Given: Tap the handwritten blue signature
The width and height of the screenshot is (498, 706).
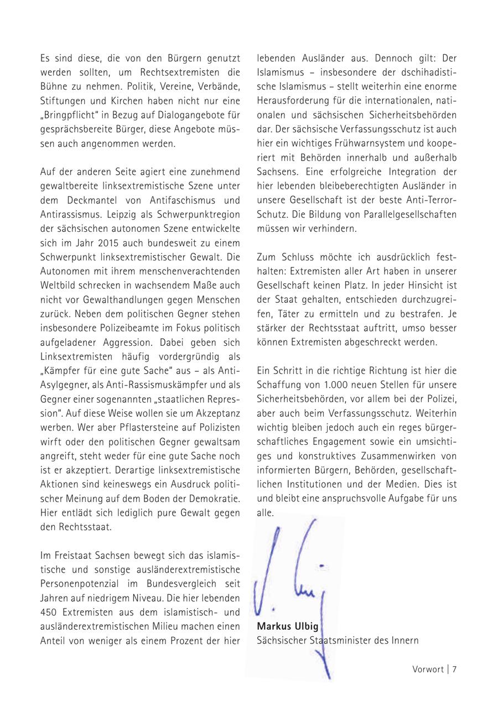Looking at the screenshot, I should coord(293,586).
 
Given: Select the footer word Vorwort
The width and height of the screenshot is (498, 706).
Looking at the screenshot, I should coord(428,669).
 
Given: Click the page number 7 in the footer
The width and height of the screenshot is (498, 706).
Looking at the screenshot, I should coord(454,669).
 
